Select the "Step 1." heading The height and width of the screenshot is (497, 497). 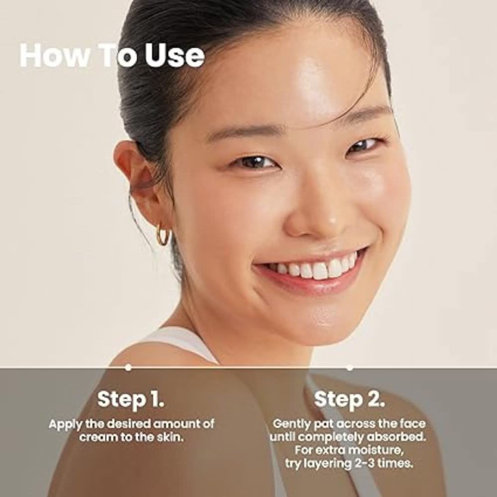pos(131,399)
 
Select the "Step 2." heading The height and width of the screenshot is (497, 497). pos(349,399)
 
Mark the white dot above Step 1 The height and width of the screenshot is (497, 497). pos(128,367)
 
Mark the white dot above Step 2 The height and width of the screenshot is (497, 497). pos(350,368)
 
